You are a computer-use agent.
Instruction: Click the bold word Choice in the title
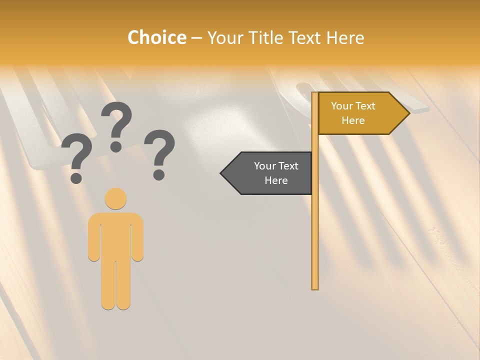pyautogui.click(x=156, y=37)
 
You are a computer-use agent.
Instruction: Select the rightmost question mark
pyautogui.click(x=159, y=153)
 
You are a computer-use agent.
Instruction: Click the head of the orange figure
pyautogui.click(x=115, y=198)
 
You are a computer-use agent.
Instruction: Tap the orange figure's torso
pyautogui.click(x=115, y=235)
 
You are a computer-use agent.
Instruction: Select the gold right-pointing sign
pyautogui.click(x=357, y=113)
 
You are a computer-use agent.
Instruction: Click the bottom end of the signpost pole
pyautogui.click(x=315, y=287)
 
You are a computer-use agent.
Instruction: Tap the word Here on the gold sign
pyautogui.click(x=353, y=120)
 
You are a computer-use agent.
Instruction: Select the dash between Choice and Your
pyautogui.click(x=196, y=38)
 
